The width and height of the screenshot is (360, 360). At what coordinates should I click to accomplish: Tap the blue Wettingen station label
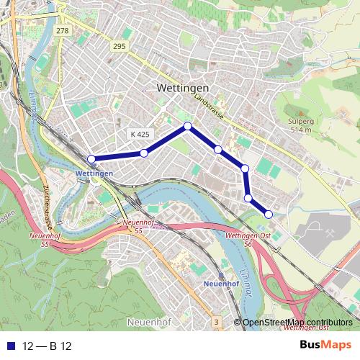point(94,174)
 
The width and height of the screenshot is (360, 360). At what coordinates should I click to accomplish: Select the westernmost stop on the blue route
point(91,159)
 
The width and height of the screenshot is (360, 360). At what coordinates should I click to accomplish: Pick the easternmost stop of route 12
point(269,213)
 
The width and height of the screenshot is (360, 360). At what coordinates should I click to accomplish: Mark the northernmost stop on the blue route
point(188,126)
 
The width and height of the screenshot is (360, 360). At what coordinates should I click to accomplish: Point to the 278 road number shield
point(62,30)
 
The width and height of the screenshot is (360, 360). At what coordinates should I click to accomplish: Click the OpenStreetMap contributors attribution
point(297,322)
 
